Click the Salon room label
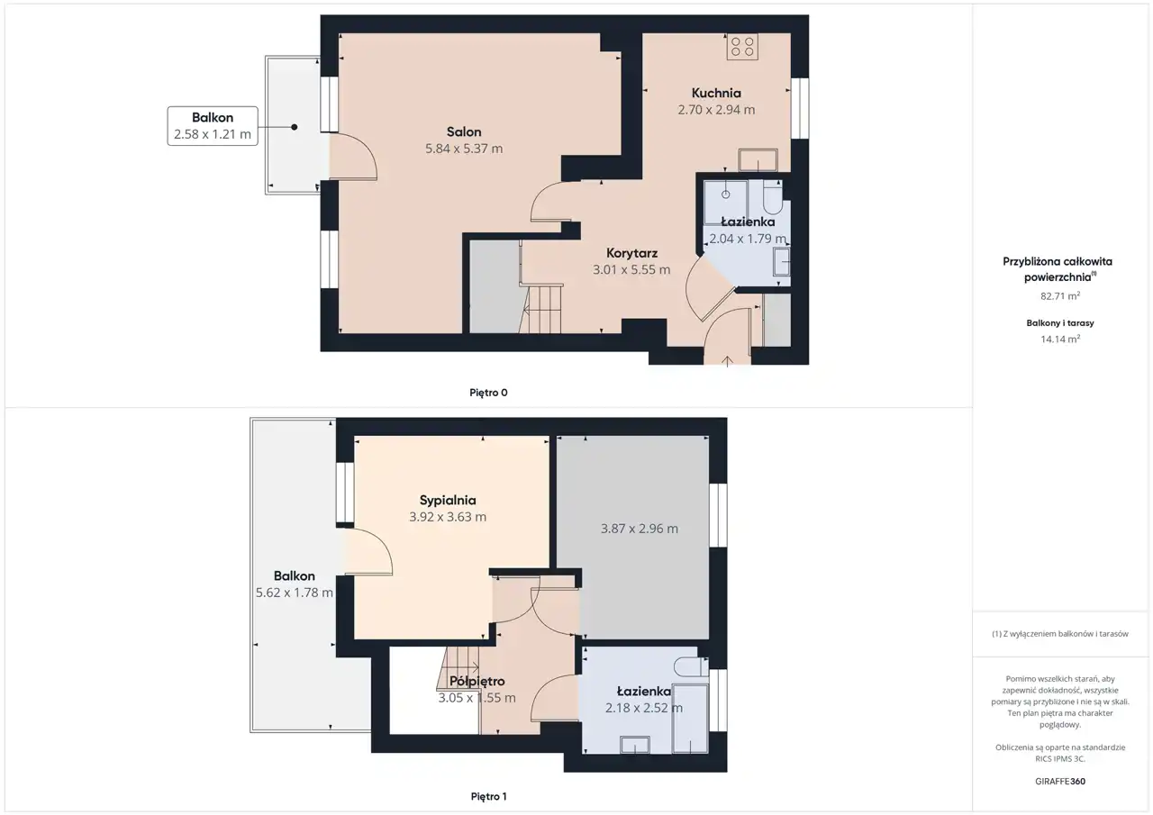pyautogui.click(x=464, y=131)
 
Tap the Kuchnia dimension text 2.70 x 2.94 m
pyautogui.click(x=716, y=110)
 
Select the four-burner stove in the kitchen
pyautogui.click(x=742, y=47)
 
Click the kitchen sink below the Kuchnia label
pyautogui.click(x=758, y=160)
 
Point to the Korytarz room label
pyautogui.click(x=631, y=253)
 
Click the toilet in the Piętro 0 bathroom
pyautogui.click(x=773, y=197)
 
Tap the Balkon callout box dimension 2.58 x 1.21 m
pyautogui.click(x=212, y=134)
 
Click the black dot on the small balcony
pyautogui.click(x=294, y=127)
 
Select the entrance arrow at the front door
pyautogui.click(x=727, y=361)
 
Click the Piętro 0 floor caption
pyautogui.click(x=488, y=393)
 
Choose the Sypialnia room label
pyautogui.click(x=448, y=500)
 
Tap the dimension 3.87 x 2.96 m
pyautogui.click(x=640, y=529)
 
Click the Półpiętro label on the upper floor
pyautogui.click(x=477, y=681)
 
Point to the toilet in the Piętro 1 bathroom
pyautogui.click(x=691, y=666)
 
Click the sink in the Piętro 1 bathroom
pyautogui.click(x=635, y=745)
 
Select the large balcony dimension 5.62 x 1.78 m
pyautogui.click(x=295, y=593)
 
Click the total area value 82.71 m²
pyautogui.click(x=1060, y=296)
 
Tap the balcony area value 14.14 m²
pyautogui.click(x=1060, y=340)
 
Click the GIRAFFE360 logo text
pyautogui.click(x=1060, y=781)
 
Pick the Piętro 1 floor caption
pyautogui.click(x=488, y=796)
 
